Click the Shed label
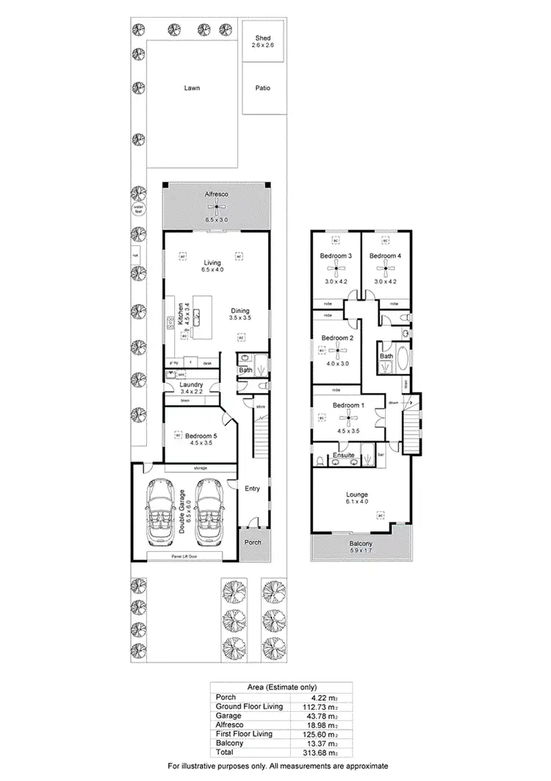(x=262, y=37)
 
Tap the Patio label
(x=262, y=88)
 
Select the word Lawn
(x=192, y=88)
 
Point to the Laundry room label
(x=192, y=384)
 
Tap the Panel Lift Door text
(x=185, y=555)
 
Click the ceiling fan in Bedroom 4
(x=385, y=269)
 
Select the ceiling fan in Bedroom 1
(x=347, y=420)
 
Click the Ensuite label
(x=344, y=456)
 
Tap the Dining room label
(x=240, y=310)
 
